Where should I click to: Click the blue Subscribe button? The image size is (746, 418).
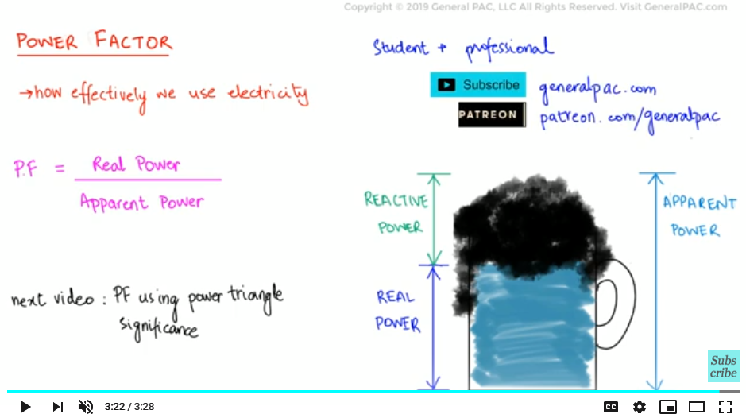pyautogui.click(x=478, y=85)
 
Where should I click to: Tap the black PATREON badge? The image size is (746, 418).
pyautogui.click(x=492, y=114)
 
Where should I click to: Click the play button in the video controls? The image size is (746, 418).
pyautogui.click(x=25, y=407)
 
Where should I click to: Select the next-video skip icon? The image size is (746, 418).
pyautogui.click(x=57, y=407)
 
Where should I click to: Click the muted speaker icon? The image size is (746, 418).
pyautogui.click(x=86, y=407)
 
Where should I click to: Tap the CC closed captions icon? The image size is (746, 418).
pyautogui.click(x=611, y=407)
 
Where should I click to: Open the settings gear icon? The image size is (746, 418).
pyautogui.click(x=640, y=407)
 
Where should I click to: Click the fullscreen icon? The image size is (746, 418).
pyautogui.click(x=725, y=407)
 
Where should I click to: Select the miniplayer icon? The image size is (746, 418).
pyautogui.click(x=668, y=407)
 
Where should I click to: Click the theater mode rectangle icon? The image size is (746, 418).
pyautogui.click(x=697, y=407)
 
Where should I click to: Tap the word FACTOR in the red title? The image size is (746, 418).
pyautogui.click(x=133, y=41)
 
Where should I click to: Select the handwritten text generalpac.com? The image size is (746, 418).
pyautogui.click(x=597, y=89)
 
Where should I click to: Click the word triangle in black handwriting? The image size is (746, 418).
pyautogui.click(x=256, y=296)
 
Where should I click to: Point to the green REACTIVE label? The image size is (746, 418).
pyautogui.click(x=396, y=200)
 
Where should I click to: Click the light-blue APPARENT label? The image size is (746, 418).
pyautogui.click(x=699, y=203)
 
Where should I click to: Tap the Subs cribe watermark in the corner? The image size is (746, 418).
pyautogui.click(x=723, y=366)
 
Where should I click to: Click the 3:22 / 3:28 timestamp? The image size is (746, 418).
pyautogui.click(x=129, y=407)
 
